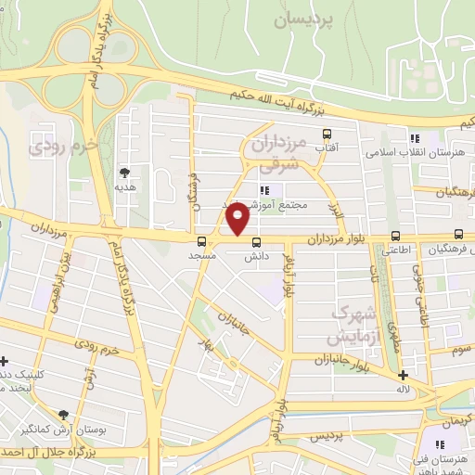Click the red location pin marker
tap(238, 221)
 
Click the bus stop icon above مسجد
tap(202, 241)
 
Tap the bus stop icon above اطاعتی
tap(396, 236)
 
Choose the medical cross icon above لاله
tap(403, 377)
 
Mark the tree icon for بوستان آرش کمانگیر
tap(63, 415)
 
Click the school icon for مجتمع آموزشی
tap(263, 190)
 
